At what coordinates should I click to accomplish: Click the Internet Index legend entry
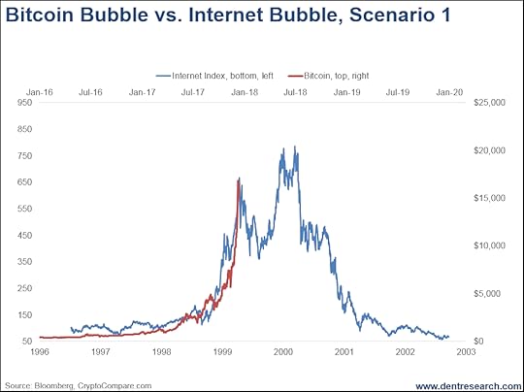coord(214,76)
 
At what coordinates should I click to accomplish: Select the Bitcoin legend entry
coord(328,76)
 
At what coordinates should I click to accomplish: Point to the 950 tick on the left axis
coord(25,102)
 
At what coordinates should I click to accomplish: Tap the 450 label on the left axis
coord(25,235)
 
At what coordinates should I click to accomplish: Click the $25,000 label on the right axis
coord(490,102)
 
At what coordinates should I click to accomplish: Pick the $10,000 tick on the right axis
coord(490,245)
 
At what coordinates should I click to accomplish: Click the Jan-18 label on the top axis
coord(245,92)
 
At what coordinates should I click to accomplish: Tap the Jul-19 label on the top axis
coord(398,92)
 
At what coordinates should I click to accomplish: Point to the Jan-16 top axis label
coord(40,92)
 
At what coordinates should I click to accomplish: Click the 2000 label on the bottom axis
coord(283,352)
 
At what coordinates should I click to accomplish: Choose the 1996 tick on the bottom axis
coord(40,352)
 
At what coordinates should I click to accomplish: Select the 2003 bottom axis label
coord(466,352)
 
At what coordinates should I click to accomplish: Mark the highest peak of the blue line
coord(295,147)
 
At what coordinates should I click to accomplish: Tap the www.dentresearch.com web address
coord(469,386)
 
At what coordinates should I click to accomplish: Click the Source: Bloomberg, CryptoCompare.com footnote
coord(79,386)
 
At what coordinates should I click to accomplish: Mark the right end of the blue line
coord(449,337)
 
